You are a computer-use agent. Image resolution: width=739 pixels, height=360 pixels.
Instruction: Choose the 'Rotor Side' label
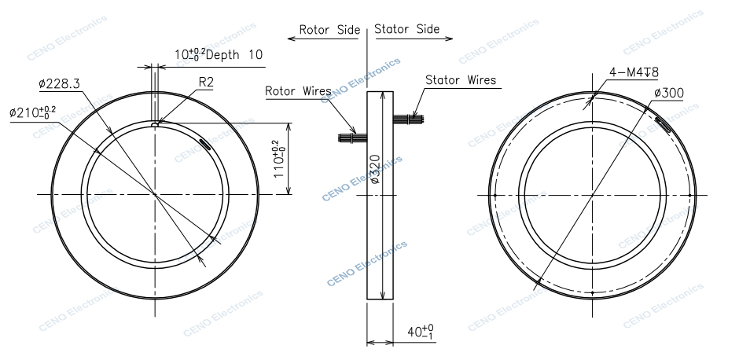[x=329, y=30]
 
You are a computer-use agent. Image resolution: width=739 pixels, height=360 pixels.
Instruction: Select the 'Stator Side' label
[x=406, y=30]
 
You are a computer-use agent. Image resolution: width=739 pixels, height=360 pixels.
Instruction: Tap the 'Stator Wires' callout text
[x=461, y=79]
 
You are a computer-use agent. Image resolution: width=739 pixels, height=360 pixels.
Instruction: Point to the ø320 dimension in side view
[x=375, y=168]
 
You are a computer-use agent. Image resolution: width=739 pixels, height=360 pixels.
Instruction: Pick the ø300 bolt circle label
[x=668, y=93]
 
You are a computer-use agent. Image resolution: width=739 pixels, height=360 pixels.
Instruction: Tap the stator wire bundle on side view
[x=409, y=119]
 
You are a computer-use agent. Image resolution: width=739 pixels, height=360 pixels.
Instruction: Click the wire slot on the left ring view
[x=204, y=143]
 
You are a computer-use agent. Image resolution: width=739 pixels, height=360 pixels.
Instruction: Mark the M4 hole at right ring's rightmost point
[x=689, y=194]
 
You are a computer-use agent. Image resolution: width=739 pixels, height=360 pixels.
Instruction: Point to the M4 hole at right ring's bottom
[x=590, y=292]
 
